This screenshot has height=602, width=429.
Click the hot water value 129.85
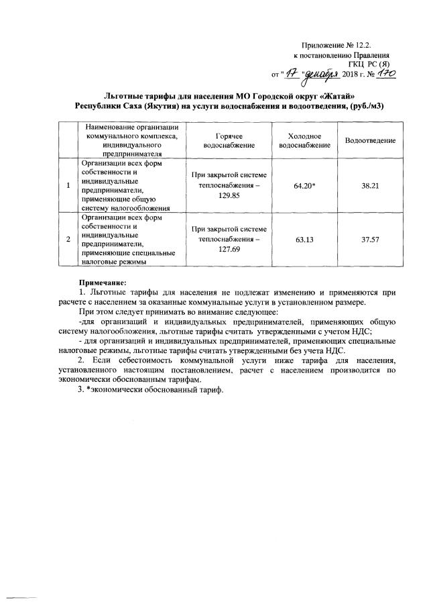pyautogui.click(x=219, y=195)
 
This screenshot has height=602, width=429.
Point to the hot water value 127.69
pyautogui.click(x=219, y=249)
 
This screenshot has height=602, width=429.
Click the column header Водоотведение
pyautogui.click(x=371, y=140)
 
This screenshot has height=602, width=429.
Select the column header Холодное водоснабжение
pyautogui.click(x=304, y=140)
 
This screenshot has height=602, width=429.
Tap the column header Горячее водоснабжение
pyautogui.click(x=219, y=140)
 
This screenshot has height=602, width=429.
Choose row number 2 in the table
pyautogui.click(x=68, y=239)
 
